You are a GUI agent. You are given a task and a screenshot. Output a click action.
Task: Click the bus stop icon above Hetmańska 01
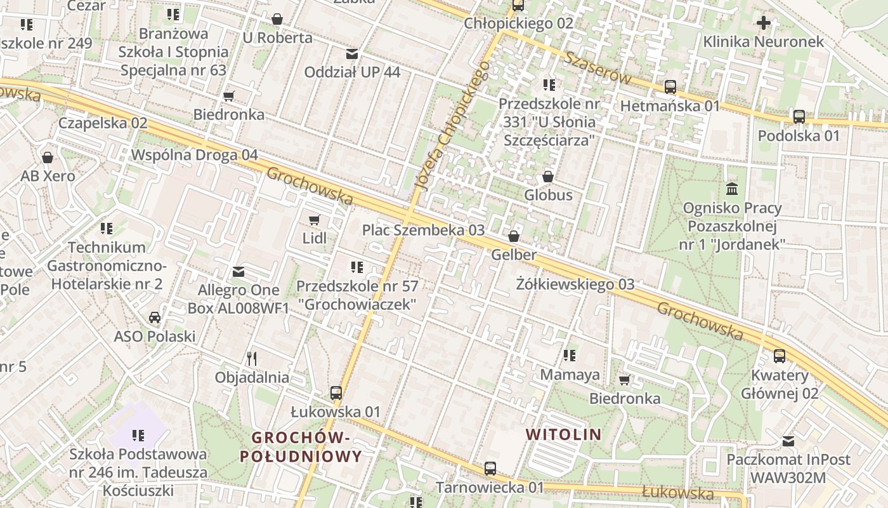pyautogui.click(x=670, y=87)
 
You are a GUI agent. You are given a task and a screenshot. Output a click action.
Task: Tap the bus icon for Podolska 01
pyautogui.click(x=799, y=117)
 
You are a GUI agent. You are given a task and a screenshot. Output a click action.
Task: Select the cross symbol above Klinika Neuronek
pyautogui.click(x=763, y=23)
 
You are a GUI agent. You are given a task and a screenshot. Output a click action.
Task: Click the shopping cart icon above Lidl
pyautogui.click(x=314, y=220)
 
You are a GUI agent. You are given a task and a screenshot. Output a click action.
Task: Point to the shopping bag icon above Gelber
pyautogui.click(x=514, y=237)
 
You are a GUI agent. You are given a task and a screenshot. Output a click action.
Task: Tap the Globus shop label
pyautogui.click(x=548, y=195)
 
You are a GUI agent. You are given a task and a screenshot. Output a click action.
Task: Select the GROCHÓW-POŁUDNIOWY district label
pyautogui.click(x=301, y=446)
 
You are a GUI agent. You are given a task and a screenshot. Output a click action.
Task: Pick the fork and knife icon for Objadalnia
pyautogui.click(x=252, y=359)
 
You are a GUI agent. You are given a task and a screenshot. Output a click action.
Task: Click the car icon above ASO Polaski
pyautogui.click(x=154, y=317)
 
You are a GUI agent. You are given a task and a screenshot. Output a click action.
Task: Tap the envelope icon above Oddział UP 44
pyautogui.click(x=351, y=54)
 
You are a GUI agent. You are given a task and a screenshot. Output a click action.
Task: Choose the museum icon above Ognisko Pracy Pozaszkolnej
pyautogui.click(x=732, y=189)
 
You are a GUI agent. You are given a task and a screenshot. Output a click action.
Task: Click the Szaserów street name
pyautogui.click(x=598, y=68)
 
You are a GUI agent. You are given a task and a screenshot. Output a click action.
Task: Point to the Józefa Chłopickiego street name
pyautogui.click(x=452, y=126)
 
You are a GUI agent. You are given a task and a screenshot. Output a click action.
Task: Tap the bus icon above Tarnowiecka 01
pyautogui.click(x=490, y=469)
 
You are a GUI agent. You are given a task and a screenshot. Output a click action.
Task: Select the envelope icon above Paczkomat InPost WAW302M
pyautogui.click(x=788, y=441)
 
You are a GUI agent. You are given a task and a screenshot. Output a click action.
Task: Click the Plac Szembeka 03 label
pyautogui.click(x=423, y=230)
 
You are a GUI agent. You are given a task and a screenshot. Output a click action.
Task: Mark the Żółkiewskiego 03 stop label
pyautogui.click(x=575, y=284)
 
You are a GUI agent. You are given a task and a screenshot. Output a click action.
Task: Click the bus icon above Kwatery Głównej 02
pyautogui.click(x=779, y=356)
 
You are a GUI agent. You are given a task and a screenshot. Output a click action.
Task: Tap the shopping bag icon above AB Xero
pyautogui.click(x=48, y=157)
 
